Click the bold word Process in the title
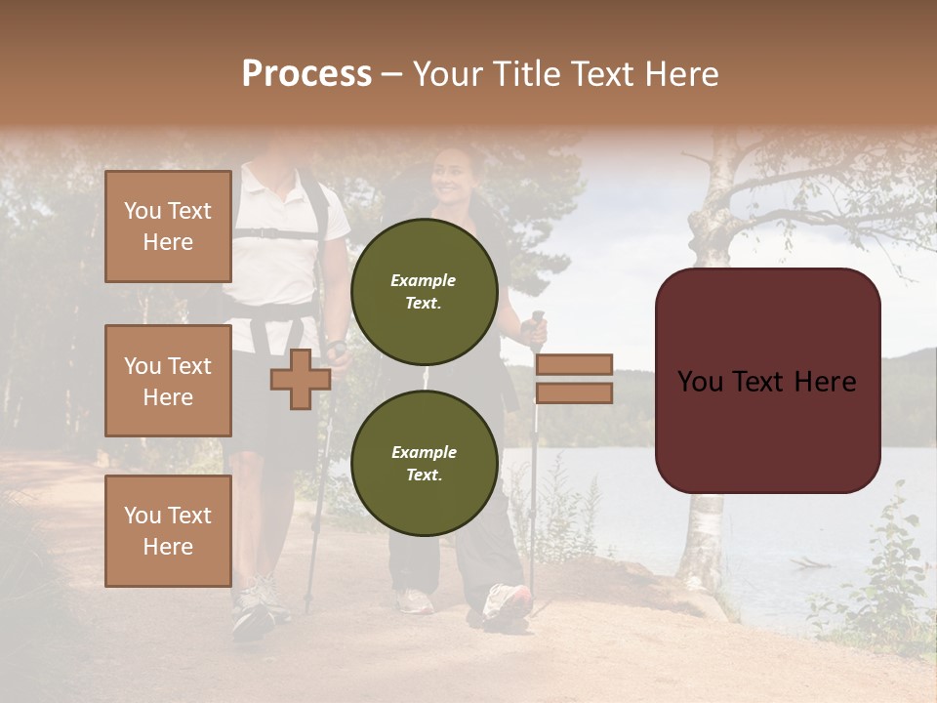306,74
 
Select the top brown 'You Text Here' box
168,227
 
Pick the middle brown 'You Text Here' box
168,381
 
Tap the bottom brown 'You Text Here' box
168,531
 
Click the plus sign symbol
301,379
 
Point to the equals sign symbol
574,379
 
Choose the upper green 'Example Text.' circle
425,291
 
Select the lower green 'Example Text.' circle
425,463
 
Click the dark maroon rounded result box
767,381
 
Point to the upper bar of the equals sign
574,364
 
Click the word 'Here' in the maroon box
825,382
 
